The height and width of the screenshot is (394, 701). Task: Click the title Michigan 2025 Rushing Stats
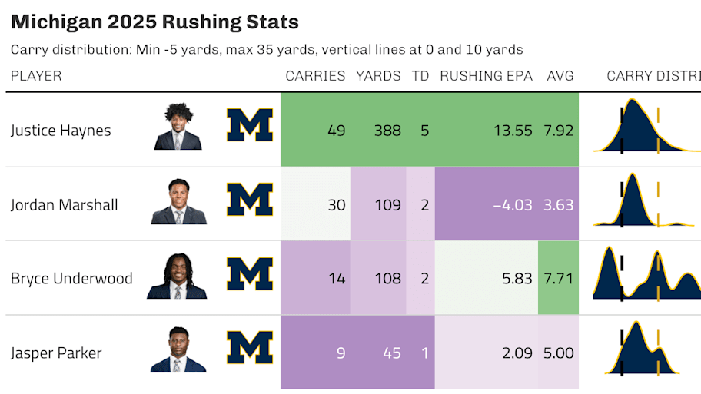click(x=154, y=22)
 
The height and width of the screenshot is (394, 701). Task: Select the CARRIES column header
click(x=315, y=76)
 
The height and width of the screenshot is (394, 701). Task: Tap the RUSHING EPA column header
click(x=486, y=76)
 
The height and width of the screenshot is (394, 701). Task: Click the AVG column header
click(x=560, y=76)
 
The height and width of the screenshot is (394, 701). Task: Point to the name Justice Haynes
click(x=61, y=131)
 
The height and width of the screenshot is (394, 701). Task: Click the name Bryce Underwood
click(x=71, y=278)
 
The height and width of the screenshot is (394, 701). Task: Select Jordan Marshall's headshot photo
click(x=179, y=201)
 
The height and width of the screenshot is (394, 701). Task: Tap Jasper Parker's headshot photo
click(x=178, y=349)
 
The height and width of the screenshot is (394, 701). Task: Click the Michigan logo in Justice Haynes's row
click(x=250, y=125)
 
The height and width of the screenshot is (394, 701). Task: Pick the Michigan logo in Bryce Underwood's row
click(x=250, y=274)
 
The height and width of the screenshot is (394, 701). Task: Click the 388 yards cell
click(x=387, y=131)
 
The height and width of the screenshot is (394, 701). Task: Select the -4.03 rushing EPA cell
click(x=513, y=205)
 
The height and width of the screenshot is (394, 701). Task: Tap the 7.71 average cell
click(x=558, y=278)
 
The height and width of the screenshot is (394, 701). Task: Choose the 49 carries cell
click(x=336, y=131)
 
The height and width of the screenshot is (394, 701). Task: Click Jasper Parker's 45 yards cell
click(x=392, y=353)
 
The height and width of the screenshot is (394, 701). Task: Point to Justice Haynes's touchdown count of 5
click(x=425, y=131)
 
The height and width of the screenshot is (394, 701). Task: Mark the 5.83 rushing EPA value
click(x=517, y=278)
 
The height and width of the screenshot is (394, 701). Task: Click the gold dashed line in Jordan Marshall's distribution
click(x=658, y=204)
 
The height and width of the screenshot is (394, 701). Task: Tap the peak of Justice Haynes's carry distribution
click(x=632, y=99)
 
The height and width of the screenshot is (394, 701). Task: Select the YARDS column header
click(x=378, y=76)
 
